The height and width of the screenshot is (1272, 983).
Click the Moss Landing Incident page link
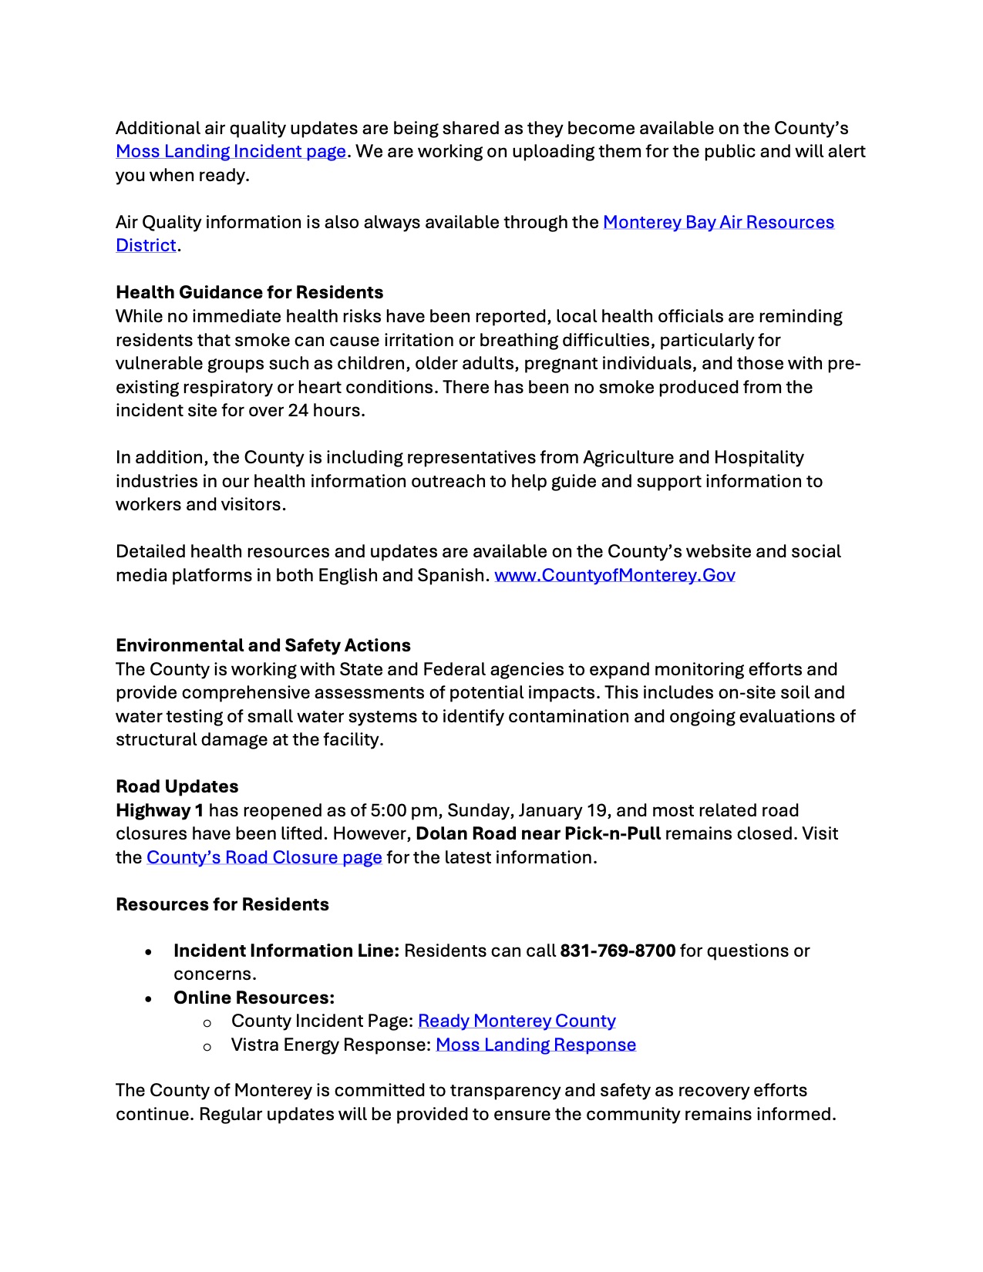(x=231, y=152)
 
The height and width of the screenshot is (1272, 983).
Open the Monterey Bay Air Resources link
(x=718, y=223)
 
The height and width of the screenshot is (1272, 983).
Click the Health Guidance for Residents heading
(x=249, y=293)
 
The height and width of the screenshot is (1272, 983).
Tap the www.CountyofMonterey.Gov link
(x=614, y=576)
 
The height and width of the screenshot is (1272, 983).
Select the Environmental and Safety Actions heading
(x=263, y=646)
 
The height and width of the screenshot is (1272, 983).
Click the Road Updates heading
(x=177, y=787)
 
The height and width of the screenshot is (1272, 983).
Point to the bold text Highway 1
(x=160, y=811)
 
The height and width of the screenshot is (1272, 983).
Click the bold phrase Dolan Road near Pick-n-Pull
(x=537, y=834)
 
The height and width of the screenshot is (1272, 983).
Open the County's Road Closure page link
(x=264, y=858)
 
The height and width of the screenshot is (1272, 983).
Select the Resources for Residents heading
(x=222, y=905)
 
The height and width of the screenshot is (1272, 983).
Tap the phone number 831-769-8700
(x=618, y=951)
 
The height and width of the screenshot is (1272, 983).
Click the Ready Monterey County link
(x=517, y=1021)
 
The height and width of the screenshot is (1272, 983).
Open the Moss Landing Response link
(x=536, y=1045)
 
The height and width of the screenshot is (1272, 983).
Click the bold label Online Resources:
(x=254, y=998)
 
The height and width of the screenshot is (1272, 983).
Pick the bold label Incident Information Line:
(x=286, y=951)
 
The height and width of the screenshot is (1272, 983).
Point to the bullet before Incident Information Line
(x=148, y=953)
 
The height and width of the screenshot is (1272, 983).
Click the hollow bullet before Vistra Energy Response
(x=207, y=1047)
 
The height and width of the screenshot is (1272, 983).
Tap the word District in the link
(x=146, y=246)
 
